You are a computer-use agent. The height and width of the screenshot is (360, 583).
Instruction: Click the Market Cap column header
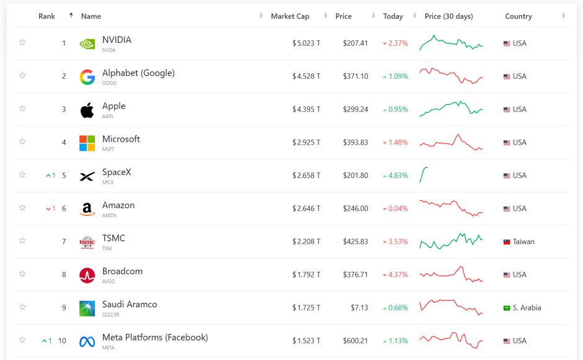tap(290, 16)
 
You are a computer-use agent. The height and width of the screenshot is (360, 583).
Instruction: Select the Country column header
tap(518, 16)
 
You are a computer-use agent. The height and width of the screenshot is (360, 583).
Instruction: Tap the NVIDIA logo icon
tap(87, 44)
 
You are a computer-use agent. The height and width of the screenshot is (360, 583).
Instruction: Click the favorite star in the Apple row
tap(22, 109)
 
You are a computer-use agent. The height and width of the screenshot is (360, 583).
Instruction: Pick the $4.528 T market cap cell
tap(306, 76)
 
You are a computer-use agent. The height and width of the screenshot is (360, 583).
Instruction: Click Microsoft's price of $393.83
tap(355, 143)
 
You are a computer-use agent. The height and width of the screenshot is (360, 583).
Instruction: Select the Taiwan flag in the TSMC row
tap(507, 241)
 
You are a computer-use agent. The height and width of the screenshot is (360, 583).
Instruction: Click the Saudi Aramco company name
tap(130, 304)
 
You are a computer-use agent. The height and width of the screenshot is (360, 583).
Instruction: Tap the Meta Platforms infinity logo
tap(87, 341)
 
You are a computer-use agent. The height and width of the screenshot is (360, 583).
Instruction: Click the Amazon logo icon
tap(87, 209)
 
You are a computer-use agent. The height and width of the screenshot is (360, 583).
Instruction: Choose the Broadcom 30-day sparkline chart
tap(451, 274)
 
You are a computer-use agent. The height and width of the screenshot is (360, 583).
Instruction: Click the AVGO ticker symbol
tap(109, 281)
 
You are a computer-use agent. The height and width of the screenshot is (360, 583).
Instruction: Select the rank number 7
tap(64, 241)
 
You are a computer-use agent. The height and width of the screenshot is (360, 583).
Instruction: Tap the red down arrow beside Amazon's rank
tap(48, 209)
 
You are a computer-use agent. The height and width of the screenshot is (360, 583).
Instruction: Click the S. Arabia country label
tap(527, 308)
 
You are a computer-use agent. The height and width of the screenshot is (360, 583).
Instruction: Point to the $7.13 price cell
tap(359, 308)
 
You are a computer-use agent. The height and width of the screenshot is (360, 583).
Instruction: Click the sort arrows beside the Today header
tap(414, 16)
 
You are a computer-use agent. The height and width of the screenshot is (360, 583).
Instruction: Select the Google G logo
tap(87, 77)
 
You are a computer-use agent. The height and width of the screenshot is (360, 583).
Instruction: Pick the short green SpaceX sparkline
tap(424, 175)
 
